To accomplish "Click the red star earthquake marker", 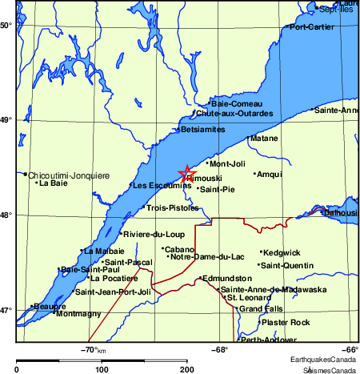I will coord(186,174).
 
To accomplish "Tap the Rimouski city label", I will coord(200,178).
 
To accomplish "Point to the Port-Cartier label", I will coord(313,27).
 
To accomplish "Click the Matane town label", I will coord(263,139).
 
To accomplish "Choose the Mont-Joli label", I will coord(226,164).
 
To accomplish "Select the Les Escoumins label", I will coord(161,185).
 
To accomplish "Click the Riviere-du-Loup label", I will coord(154,234).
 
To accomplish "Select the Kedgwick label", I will coord(281,253).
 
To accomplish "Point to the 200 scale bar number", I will coord(186,368).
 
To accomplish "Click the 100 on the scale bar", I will coord(102,368).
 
